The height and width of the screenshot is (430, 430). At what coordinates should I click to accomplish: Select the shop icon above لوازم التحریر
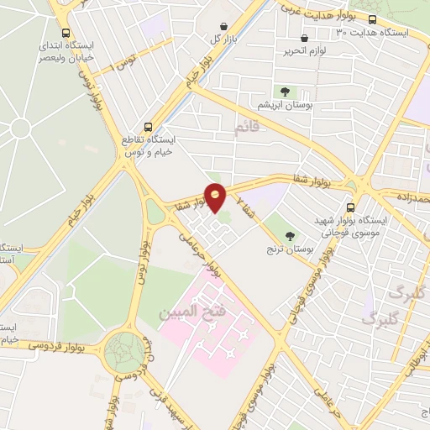point(304,38)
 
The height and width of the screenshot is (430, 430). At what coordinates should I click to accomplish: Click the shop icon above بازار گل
point(223,27)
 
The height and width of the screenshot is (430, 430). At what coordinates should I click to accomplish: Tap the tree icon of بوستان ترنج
point(290,236)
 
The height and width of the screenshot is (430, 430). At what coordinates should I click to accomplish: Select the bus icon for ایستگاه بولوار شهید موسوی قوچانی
point(350,208)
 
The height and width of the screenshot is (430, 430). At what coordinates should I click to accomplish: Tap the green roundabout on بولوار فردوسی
point(124,349)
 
